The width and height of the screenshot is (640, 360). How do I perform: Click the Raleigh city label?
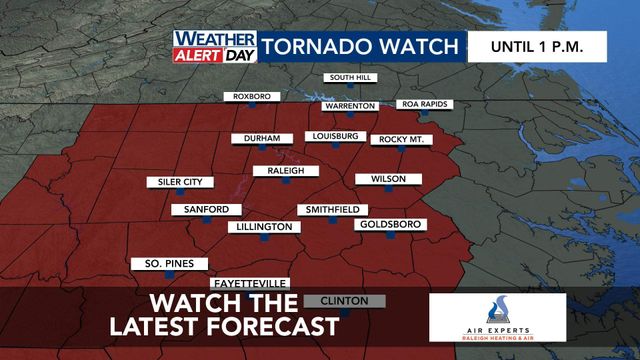279,171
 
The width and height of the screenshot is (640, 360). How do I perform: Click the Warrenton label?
349,106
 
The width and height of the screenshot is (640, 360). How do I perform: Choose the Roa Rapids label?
426,104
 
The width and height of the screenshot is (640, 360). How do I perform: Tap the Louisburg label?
334,136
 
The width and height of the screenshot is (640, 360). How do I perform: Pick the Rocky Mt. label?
399,139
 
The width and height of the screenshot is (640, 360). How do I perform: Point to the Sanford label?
206,209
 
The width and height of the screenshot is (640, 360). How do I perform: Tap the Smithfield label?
332,210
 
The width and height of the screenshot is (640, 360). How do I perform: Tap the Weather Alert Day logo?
214,46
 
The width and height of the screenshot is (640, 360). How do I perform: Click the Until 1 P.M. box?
536,46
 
